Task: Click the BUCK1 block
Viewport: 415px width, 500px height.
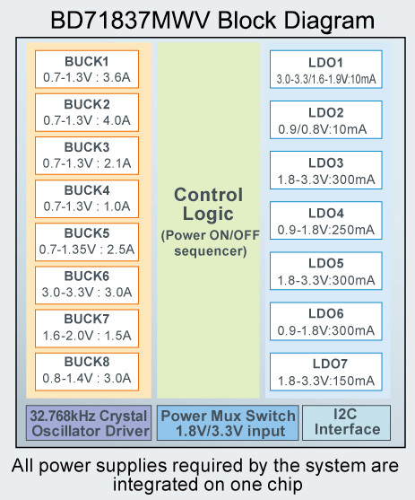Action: (x=87, y=69)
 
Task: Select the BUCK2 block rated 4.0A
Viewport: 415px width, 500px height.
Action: (x=87, y=112)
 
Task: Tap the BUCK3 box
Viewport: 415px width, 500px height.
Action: (x=87, y=155)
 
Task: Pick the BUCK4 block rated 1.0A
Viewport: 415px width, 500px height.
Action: (x=87, y=198)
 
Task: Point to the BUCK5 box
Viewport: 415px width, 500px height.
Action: (x=87, y=241)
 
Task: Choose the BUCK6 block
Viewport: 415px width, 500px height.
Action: (x=87, y=285)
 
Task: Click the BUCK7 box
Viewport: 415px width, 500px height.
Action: (x=87, y=329)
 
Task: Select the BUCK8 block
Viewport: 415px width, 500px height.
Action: (x=87, y=372)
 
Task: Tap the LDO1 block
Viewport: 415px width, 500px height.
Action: (x=326, y=69)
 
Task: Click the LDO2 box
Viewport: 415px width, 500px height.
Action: (x=326, y=119)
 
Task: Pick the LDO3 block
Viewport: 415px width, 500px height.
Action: (x=326, y=170)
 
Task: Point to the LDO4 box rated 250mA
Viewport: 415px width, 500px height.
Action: (x=326, y=220)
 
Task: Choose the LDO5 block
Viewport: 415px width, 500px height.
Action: (x=326, y=271)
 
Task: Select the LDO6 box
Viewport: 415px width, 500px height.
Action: (x=326, y=321)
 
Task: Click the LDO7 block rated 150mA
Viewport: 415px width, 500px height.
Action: (x=326, y=372)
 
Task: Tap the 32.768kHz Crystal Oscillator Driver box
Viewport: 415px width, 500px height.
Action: (x=89, y=423)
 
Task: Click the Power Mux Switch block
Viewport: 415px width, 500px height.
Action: (x=228, y=423)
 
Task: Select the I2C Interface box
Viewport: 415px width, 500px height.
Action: (x=346, y=423)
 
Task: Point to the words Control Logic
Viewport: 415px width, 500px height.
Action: (x=208, y=204)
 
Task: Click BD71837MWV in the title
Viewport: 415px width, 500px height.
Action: (x=131, y=21)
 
